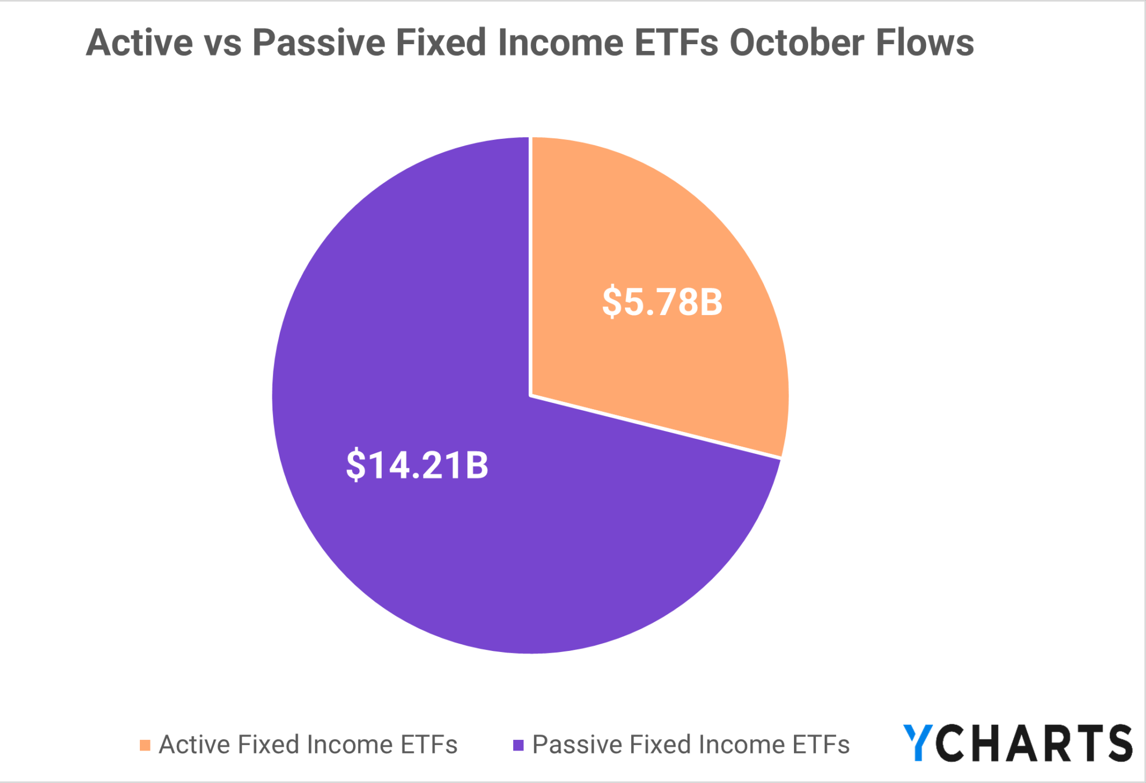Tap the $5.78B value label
point(662,302)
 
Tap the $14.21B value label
point(417,465)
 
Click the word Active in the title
point(139,43)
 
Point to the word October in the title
point(796,43)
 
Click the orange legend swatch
point(145,746)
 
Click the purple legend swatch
point(518,746)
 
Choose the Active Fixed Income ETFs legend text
point(308,745)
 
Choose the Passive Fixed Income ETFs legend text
point(691,745)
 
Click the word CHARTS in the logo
point(1033,743)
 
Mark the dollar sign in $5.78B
point(611,302)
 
